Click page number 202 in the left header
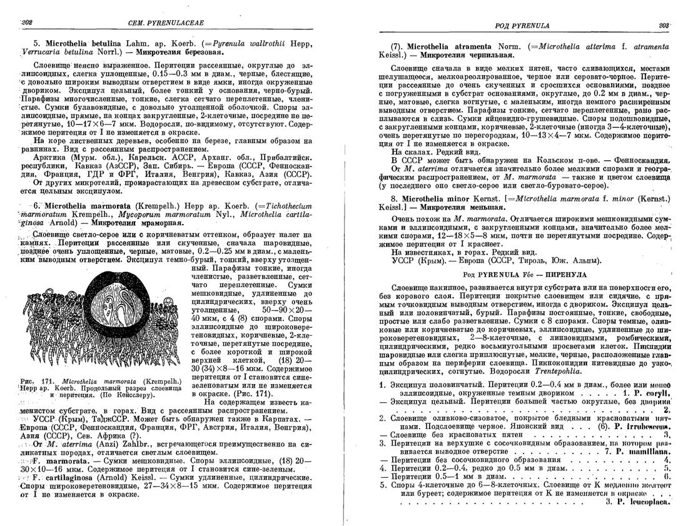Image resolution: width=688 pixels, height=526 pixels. [26, 23]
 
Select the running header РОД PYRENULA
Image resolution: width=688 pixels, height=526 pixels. [522, 26]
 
